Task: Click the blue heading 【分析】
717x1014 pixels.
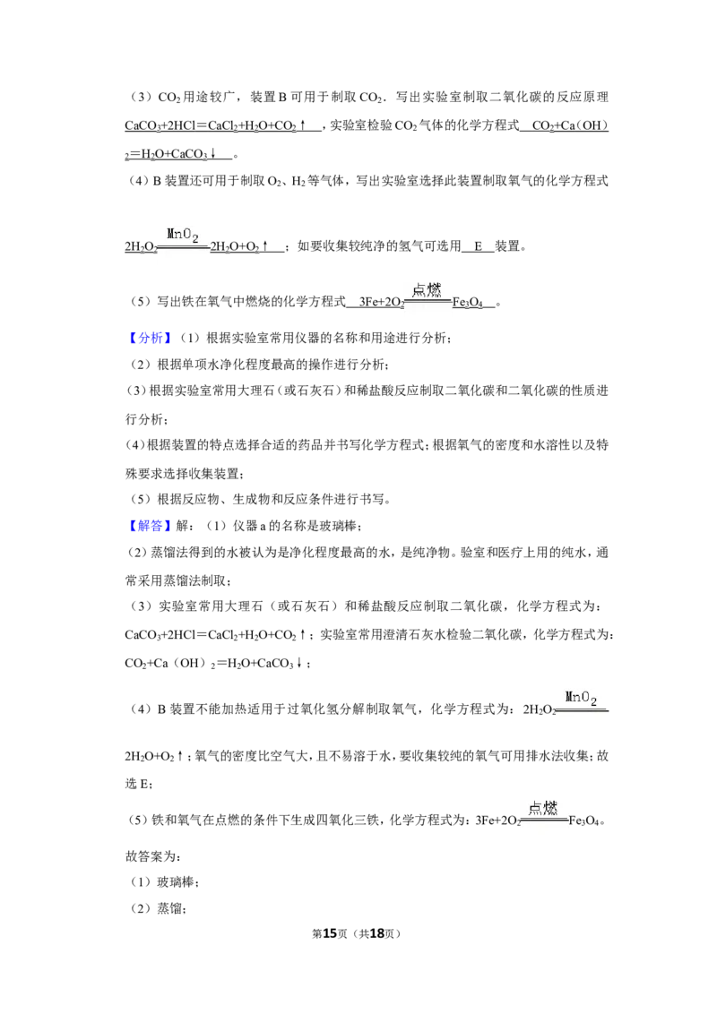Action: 149,338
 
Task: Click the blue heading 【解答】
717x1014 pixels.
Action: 149,526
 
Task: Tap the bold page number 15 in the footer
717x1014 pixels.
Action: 330,933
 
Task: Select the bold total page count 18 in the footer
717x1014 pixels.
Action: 376,933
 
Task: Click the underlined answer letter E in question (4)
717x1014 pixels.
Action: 479,246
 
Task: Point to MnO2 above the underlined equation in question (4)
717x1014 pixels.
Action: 183,235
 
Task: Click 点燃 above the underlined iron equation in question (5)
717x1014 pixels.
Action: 427,289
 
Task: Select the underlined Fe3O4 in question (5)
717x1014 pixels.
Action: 467,302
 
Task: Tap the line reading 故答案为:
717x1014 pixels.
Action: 152,856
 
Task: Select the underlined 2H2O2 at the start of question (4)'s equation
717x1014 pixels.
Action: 141,247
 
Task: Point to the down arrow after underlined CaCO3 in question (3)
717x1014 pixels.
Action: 212,154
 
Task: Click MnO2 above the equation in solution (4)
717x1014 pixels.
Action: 581,699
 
